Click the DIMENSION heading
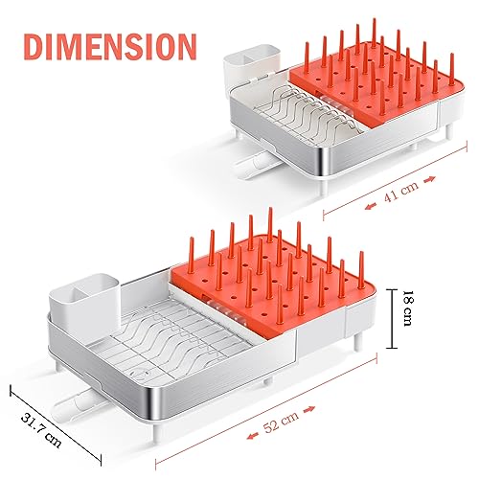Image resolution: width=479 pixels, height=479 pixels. [x=105, y=45]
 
